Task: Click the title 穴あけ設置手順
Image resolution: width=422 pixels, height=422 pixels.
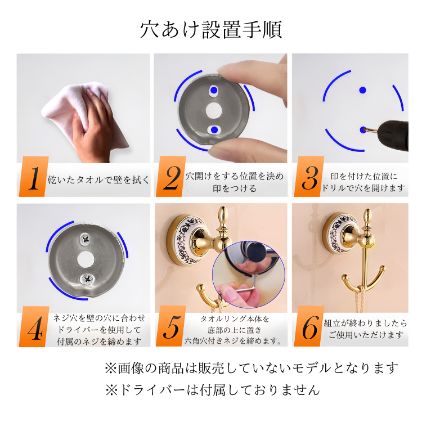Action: click(211, 29)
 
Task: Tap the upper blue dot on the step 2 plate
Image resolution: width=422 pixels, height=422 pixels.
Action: click(213, 91)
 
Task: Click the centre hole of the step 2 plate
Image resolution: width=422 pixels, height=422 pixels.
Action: click(213, 110)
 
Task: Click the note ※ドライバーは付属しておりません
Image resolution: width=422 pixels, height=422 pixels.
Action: click(212, 389)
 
